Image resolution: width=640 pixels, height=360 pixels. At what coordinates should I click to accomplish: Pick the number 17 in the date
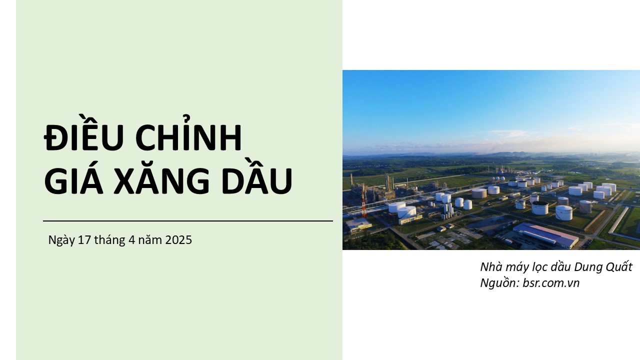(x=84, y=240)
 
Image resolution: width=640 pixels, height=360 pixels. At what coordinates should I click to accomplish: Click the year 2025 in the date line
(x=178, y=240)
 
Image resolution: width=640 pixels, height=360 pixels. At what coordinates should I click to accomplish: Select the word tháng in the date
(x=109, y=240)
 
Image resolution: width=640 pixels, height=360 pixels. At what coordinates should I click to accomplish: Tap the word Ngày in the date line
(x=61, y=240)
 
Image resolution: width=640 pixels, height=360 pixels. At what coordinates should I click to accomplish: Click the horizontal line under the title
(x=188, y=221)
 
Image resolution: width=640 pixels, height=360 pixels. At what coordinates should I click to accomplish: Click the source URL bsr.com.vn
(x=551, y=283)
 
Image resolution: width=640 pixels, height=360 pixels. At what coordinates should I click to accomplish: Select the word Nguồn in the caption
(x=499, y=283)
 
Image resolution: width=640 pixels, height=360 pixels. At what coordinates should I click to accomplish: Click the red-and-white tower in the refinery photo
(x=363, y=202)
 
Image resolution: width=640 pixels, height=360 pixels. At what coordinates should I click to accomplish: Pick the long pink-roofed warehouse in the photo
(x=545, y=235)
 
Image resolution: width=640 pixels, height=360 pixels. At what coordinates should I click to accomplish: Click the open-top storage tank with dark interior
(x=539, y=207)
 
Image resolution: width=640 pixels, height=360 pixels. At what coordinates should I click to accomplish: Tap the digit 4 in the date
(x=131, y=240)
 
